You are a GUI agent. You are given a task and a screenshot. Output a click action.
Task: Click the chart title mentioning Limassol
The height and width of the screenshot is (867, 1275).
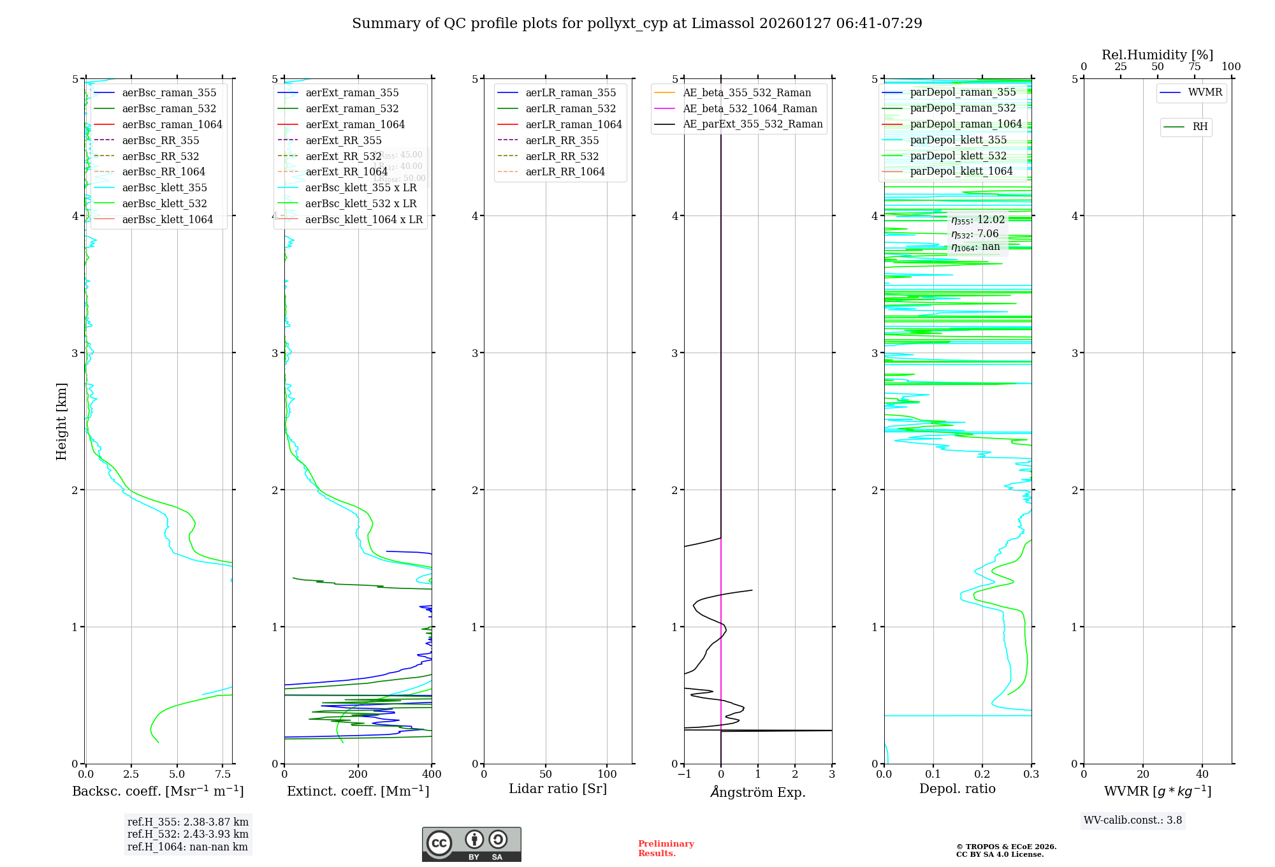pos(637,24)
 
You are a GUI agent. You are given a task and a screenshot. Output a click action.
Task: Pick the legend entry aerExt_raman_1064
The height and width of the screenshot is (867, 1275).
pos(354,125)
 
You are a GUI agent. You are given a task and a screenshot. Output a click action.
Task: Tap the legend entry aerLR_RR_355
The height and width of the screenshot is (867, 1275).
pos(562,141)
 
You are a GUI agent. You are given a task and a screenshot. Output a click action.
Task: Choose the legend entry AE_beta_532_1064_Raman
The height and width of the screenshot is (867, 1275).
pos(750,109)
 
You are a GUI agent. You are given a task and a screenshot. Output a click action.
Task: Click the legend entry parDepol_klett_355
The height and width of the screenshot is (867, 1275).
pos(958,140)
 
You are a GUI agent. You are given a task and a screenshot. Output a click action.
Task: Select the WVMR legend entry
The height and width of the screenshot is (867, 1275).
pos(1205,93)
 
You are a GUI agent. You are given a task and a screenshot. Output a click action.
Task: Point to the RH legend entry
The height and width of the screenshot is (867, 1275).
pos(1200,127)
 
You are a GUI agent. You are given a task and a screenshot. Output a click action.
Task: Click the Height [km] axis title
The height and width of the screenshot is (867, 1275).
pos(61,421)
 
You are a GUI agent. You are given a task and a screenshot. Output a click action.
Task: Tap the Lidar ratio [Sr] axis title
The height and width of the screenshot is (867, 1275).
pos(558,789)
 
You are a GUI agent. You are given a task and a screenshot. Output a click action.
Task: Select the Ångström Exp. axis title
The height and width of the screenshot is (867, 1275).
pos(758,792)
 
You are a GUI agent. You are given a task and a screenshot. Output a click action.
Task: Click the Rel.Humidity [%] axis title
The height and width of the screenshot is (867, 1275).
pos(1157,55)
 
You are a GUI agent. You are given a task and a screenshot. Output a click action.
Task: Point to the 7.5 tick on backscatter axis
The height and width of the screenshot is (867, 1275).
pos(222,775)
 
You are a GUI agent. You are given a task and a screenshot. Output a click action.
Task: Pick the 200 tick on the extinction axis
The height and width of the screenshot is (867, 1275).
pos(358,775)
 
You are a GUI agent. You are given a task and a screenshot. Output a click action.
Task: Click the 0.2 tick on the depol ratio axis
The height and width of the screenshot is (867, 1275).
pos(982,775)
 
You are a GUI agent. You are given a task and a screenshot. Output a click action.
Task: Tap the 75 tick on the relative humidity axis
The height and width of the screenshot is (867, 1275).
pos(1195,67)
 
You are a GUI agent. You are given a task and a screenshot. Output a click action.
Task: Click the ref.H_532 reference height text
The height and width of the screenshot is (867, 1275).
pos(187,834)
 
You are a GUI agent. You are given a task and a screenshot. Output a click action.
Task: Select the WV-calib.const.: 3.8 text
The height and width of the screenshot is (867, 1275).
pos(1133,820)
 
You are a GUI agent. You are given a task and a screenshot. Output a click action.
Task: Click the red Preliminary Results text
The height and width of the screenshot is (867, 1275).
pos(666,849)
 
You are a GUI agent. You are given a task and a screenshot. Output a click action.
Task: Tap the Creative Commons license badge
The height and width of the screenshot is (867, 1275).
pos(471,845)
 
